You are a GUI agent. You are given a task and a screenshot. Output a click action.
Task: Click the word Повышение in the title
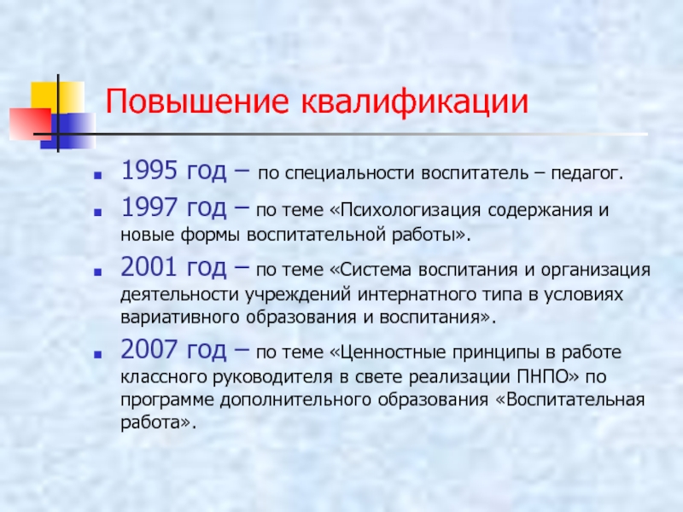tap(197, 102)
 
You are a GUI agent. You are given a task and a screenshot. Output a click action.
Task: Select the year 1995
tap(149, 170)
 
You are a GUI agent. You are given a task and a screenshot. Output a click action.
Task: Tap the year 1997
tap(149, 207)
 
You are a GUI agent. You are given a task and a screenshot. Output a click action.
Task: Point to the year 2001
tap(149, 266)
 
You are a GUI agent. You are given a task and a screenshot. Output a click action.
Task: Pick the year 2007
tap(149, 349)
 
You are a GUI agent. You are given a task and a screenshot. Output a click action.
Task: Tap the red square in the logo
tap(30, 124)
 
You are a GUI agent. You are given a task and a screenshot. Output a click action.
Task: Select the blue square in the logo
tap(67, 131)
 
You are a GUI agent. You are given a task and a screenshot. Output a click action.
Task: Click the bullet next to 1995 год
tap(98, 176)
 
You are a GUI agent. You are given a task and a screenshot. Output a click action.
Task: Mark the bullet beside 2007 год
tap(98, 354)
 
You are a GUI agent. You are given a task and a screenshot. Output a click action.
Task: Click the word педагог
tap(587, 174)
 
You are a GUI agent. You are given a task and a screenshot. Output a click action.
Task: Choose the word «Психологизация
tap(406, 211)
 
